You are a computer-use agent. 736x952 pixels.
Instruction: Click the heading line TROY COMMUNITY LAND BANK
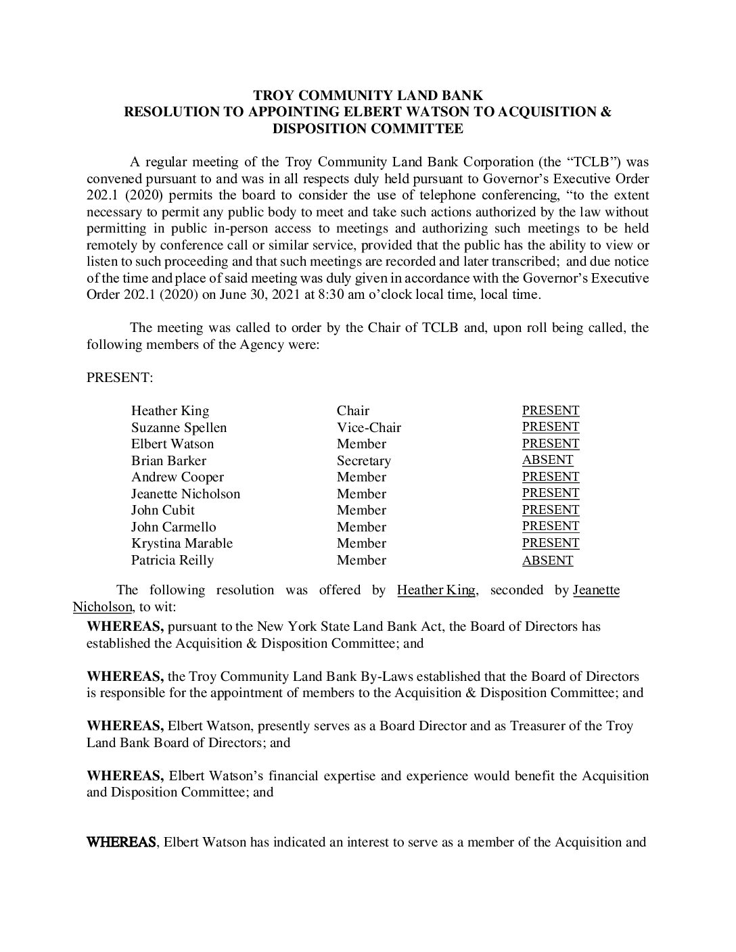(367, 95)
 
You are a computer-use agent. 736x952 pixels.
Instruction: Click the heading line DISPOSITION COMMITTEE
(367, 128)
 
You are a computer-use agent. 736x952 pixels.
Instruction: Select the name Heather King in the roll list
(170, 411)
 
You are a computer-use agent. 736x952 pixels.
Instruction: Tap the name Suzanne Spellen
(179, 428)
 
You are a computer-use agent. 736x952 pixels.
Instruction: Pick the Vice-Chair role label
(369, 428)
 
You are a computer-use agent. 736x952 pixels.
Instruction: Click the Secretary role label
(363, 461)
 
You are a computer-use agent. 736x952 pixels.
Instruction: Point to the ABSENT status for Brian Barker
(547, 460)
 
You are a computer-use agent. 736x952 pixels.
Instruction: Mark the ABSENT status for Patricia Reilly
(547, 561)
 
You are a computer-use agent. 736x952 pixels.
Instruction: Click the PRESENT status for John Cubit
(550, 510)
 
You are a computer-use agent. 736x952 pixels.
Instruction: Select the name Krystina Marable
(181, 544)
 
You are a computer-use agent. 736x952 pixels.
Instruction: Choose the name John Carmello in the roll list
(173, 527)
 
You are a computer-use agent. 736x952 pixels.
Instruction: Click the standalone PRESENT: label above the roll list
(120, 378)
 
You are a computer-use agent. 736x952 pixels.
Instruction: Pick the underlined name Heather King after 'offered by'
(436, 590)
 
